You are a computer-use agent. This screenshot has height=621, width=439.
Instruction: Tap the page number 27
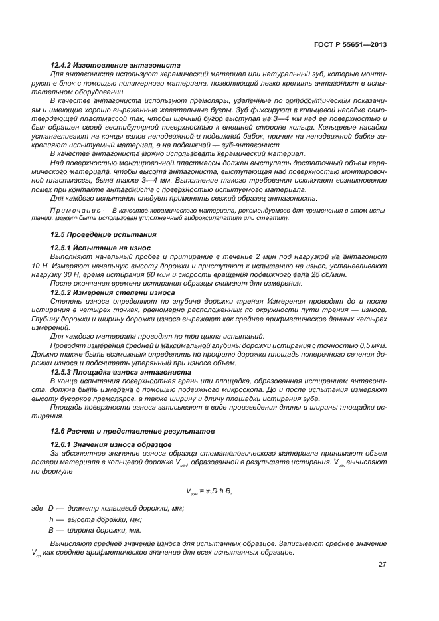383,565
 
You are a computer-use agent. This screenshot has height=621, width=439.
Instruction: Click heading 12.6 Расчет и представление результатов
133,431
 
